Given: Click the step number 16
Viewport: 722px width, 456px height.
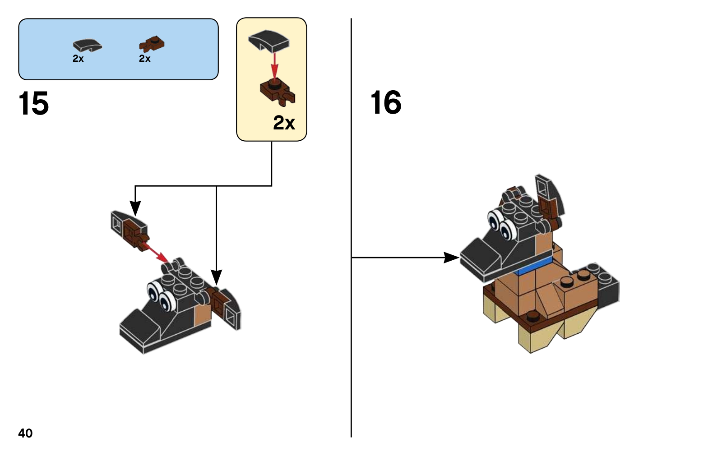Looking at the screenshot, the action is (386, 102).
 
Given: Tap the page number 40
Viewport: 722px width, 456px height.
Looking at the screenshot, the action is (25, 433).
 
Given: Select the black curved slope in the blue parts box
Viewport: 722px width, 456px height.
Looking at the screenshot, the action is (88, 46).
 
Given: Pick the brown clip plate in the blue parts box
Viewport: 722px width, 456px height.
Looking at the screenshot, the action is (152, 44).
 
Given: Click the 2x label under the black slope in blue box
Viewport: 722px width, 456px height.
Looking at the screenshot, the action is (78, 58).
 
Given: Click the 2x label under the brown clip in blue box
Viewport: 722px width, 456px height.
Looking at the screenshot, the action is (145, 58).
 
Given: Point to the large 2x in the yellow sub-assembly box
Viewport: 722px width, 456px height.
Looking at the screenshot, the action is (284, 123).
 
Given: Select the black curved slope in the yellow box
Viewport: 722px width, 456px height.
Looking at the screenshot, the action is (268, 41).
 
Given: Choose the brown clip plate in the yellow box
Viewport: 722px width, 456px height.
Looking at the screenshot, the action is (278, 92).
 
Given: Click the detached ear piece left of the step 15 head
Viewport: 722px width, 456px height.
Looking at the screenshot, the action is (130, 231).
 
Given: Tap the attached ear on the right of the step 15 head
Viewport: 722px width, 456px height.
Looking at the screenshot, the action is (225, 308).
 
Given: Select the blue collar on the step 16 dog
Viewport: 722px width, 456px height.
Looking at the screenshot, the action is (533, 266).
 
